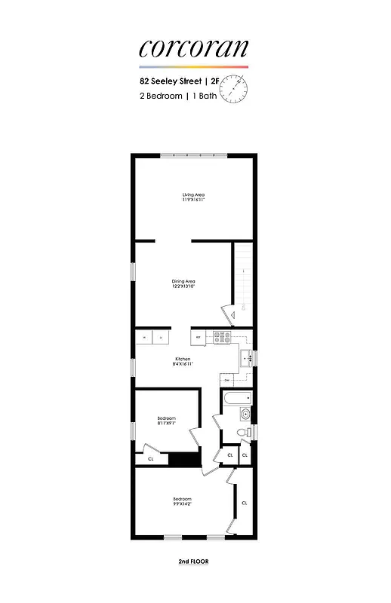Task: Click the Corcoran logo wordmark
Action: [x=193, y=48]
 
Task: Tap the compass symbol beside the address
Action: [x=239, y=90]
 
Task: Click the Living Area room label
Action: [x=193, y=197]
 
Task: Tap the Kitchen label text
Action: [x=183, y=361]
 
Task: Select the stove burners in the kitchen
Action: [x=221, y=338]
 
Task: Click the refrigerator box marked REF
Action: [x=198, y=337]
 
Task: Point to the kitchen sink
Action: [x=245, y=358]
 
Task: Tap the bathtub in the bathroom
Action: [x=236, y=397]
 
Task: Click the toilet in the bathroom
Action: [x=242, y=433]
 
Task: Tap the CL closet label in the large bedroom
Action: [x=244, y=503]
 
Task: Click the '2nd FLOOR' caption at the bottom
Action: [x=193, y=562]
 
